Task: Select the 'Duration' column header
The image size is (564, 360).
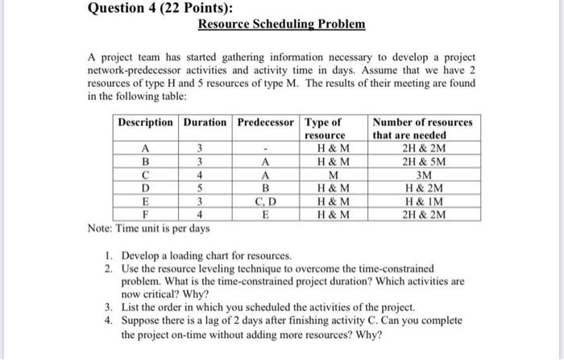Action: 205,123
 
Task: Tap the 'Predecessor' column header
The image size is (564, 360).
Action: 265,123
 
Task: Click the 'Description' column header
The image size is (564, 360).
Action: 145,123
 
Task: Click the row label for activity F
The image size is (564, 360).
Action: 145,214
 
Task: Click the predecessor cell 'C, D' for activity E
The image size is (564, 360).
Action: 265,201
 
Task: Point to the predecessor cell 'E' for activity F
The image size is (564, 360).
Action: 265,214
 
